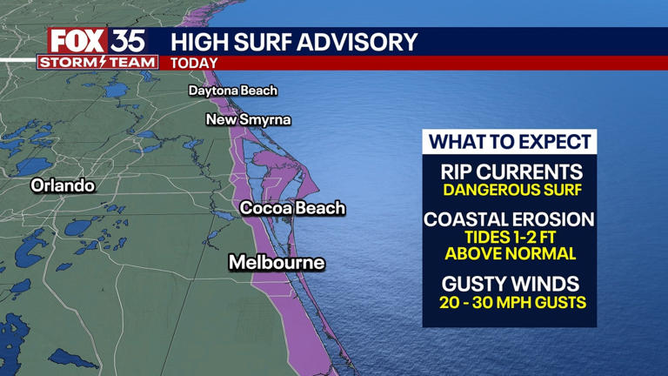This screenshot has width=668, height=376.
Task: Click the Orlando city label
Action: [x=63, y=185]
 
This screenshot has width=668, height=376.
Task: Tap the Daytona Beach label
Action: [x=233, y=91]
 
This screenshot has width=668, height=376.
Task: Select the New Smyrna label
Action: [x=248, y=119]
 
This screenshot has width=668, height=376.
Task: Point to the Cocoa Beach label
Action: [x=292, y=208]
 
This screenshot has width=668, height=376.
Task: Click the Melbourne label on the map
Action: [x=277, y=262]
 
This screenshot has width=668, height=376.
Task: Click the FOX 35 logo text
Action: [x=96, y=41]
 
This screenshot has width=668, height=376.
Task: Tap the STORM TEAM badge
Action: [x=97, y=62]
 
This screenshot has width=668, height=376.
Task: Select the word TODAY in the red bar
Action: [x=194, y=63]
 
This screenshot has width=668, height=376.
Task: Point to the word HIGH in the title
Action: [x=197, y=41]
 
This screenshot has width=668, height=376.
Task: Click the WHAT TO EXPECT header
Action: [x=510, y=142]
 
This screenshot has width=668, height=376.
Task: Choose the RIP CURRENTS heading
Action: [x=510, y=171]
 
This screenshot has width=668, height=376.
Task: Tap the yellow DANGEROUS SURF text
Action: [x=510, y=189]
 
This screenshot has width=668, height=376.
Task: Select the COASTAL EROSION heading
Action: [x=510, y=219]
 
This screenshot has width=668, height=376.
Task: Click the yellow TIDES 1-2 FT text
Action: [x=510, y=237]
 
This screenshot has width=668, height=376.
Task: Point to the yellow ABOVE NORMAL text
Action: [x=510, y=254]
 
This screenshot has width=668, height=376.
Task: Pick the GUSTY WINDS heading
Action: [x=510, y=285]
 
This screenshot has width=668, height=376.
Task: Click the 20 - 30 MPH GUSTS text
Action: [x=510, y=303]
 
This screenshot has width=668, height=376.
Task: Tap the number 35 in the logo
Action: [x=126, y=41]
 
